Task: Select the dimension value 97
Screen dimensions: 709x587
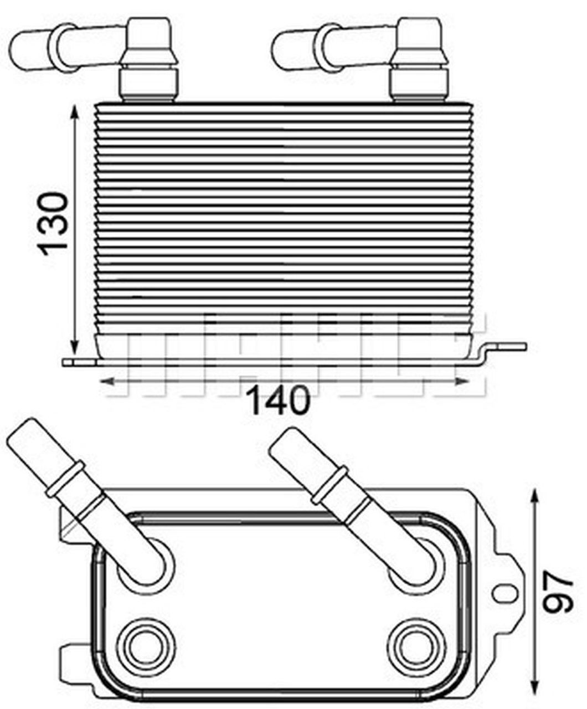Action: [x=557, y=593]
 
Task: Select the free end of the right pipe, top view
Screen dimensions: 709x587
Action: [x=284, y=443]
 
